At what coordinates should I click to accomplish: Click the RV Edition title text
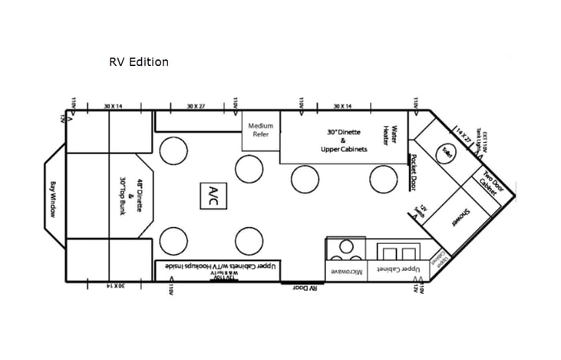(139, 61)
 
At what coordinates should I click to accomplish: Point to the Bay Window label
(53, 199)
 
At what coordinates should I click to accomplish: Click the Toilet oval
(445, 154)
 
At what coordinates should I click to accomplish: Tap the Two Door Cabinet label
(487, 182)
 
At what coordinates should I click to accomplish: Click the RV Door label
(305, 288)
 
